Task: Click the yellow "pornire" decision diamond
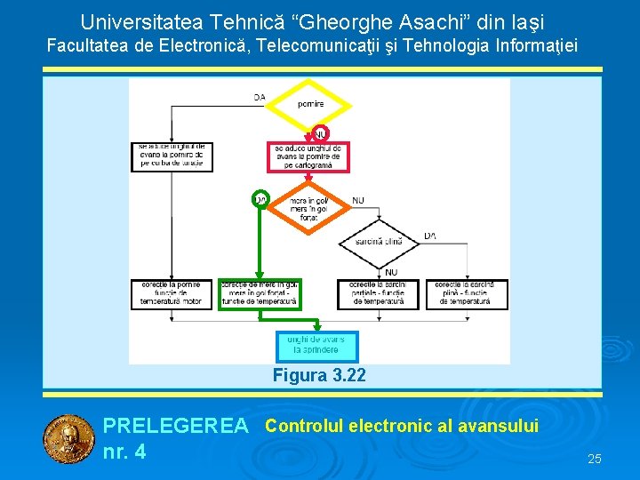pyautogui.click(x=310, y=104)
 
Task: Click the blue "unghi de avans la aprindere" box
pyautogui.click(x=318, y=346)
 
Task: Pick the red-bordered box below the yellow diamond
pyautogui.click(x=308, y=156)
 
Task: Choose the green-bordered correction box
pyautogui.click(x=260, y=294)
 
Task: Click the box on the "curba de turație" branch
pyautogui.click(x=172, y=156)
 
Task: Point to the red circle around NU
pyautogui.click(x=320, y=132)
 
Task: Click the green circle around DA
pyautogui.click(x=260, y=199)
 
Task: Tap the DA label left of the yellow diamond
pyautogui.click(x=259, y=97)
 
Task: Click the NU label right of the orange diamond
pyautogui.click(x=357, y=201)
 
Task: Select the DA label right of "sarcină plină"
pyautogui.click(x=430, y=236)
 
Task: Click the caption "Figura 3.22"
pyautogui.click(x=318, y=376)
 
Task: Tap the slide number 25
pyautogui.click(x=595, y=459)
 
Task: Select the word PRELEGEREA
pyautogui.click(x=176, y=427)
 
